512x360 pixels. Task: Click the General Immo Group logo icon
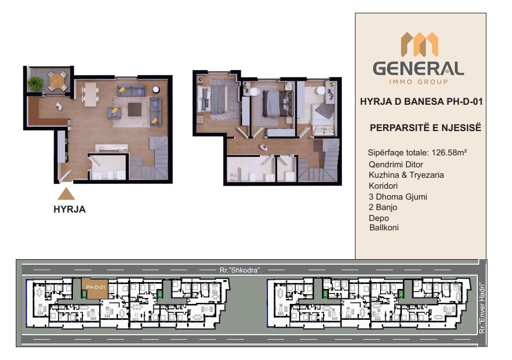[419, 44]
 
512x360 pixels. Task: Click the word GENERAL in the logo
[418, 69]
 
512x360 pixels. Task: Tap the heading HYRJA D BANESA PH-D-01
[421, 102]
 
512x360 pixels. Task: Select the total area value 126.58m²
[449, 152]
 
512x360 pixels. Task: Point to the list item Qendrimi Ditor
[396, 164]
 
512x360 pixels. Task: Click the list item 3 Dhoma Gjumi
[398, 197]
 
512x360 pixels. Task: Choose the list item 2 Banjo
[383, 207]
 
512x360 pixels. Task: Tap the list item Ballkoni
[384, 228]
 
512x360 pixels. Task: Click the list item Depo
[379, 218]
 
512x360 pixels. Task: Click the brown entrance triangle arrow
[66, 194]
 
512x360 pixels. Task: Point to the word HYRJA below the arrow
[69, 210]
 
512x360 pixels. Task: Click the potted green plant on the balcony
[35, 83]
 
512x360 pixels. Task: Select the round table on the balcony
[58, 80]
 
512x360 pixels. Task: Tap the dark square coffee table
[134, 109]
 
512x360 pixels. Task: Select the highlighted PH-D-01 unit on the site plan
[95, 288]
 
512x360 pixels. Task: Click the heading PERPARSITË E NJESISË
[426, 128]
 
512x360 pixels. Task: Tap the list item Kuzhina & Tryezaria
[406, 175]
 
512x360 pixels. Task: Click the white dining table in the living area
[91, 94]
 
